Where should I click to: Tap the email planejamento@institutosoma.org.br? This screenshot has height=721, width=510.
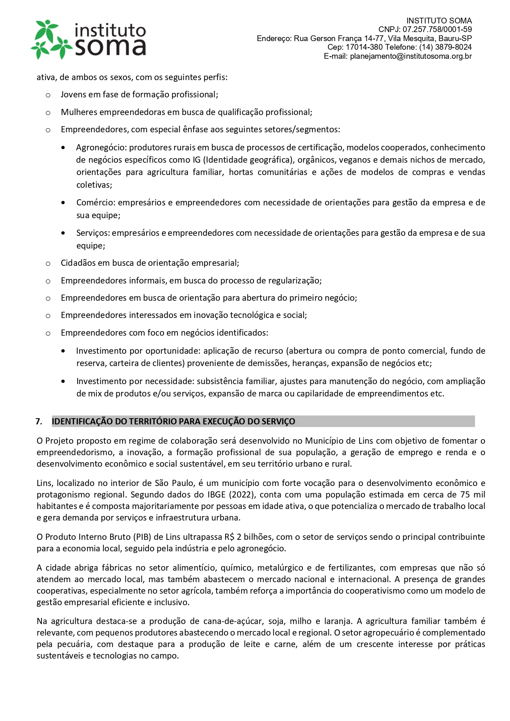[x=411, y=56]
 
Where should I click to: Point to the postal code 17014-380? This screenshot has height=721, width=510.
[x=364, y=47]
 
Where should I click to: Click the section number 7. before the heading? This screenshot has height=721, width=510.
[x=39, y=422]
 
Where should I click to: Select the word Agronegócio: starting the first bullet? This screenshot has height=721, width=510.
[x=101, y=147]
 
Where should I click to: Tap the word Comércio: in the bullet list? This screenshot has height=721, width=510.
[x=96, y=203]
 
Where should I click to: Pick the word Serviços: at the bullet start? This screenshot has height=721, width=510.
[x=93, y=233]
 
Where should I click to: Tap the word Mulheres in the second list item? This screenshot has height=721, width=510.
[x=79, y=112]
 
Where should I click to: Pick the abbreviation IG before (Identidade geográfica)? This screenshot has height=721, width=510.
[x=196, y=160]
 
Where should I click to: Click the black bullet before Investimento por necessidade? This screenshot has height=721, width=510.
[x=63, y=381]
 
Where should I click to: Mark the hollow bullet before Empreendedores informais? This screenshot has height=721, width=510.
[x=48, y=281]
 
